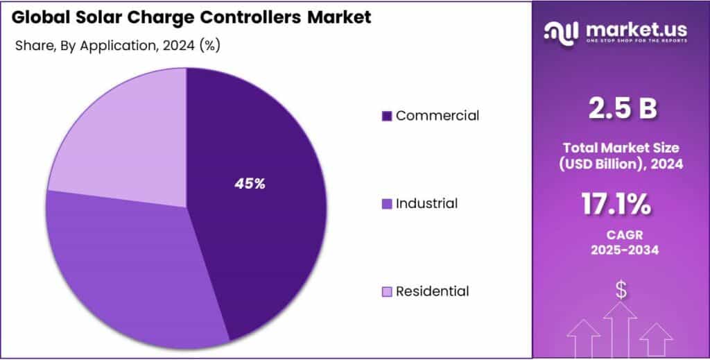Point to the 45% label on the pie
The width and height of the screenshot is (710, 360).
[x=250, y=184]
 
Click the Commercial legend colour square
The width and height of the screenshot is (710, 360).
[x=387, y=116]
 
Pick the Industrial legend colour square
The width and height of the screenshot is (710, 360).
[x=387, y=204]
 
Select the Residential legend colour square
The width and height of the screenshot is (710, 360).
[x=387, y=292]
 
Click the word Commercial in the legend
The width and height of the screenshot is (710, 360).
[x=437, y=116]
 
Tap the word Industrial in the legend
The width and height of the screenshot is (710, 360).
[x=426, y=204]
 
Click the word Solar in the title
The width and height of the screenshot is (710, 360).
[x=96, y=17]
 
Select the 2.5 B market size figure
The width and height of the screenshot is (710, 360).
[x=621, y=110]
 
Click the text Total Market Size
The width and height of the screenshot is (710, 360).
[x=621, y=147]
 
